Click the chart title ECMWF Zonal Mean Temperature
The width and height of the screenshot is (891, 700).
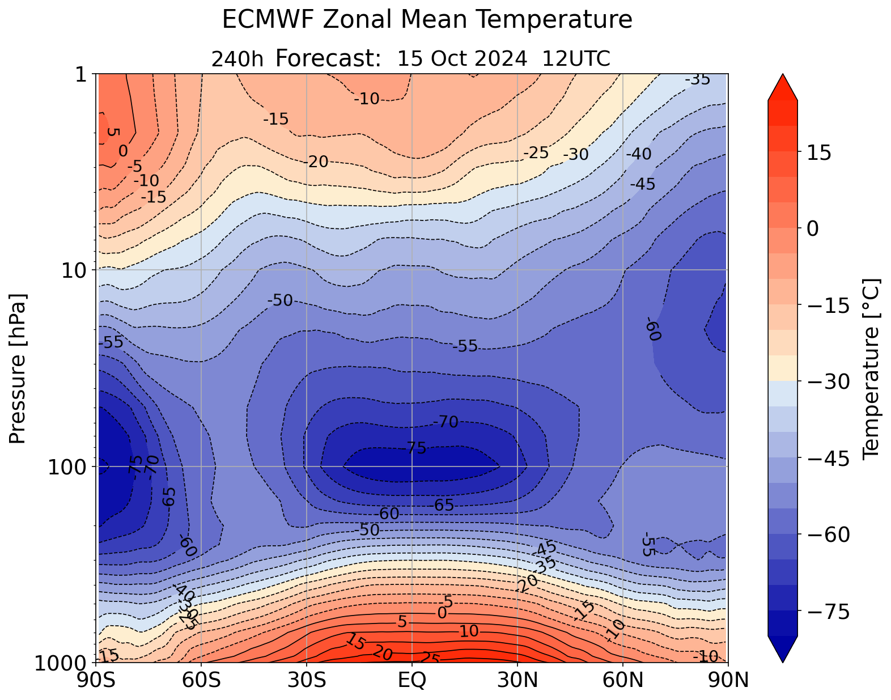(427, 20)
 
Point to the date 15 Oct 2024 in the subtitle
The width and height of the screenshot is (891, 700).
(466, 58)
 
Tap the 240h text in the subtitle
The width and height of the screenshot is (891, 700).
(237, 59)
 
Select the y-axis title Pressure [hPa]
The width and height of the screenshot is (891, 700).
(18, 368)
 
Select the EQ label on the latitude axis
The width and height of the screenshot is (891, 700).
(412, 680)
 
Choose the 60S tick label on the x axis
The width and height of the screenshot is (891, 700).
(202, 680)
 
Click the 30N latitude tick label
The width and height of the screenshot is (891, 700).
(517, 680)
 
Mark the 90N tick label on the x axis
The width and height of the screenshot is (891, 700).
(728, 680)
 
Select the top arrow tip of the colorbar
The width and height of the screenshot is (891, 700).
(783, 75)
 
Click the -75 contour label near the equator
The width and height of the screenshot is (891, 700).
(413, 448)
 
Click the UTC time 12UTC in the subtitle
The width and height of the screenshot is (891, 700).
(576, 58)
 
